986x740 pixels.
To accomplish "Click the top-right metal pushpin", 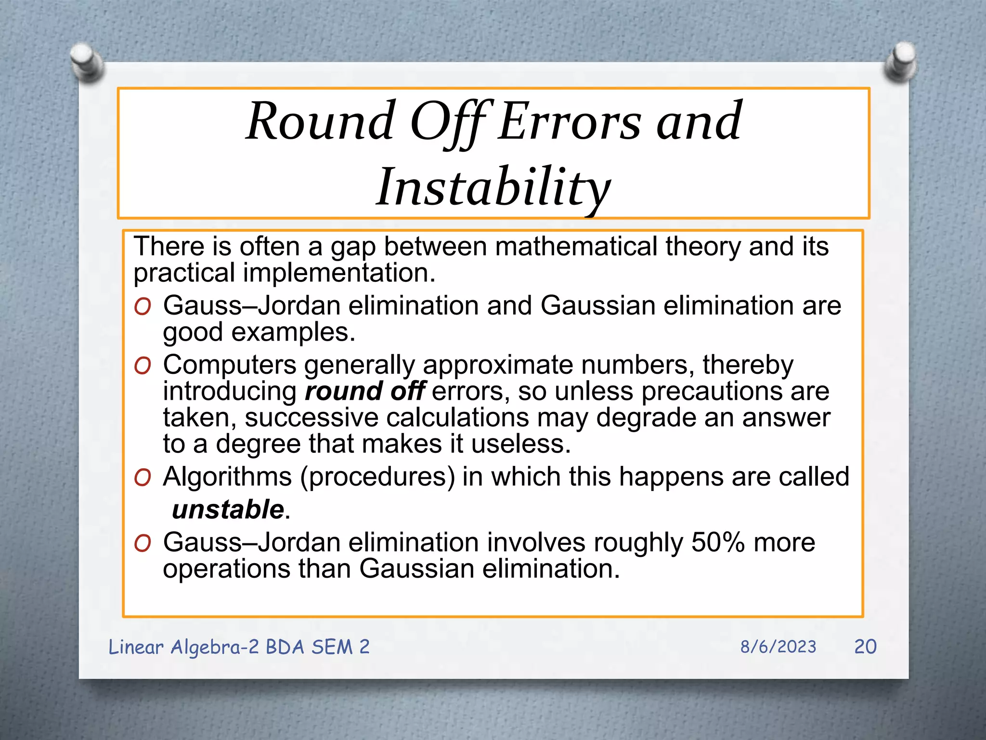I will [900, 62].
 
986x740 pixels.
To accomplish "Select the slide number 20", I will [865, 647].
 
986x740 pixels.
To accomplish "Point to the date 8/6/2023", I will [778, 647].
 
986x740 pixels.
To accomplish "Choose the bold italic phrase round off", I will [365, 391].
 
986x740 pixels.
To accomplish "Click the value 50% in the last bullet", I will [718, 542].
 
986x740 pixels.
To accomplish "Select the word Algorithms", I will [227, 477].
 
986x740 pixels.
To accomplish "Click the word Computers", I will [230, 365].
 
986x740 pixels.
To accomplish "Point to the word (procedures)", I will [377, 477].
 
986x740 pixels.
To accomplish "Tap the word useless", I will [520, 444].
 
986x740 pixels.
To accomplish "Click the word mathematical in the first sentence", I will [576, 247].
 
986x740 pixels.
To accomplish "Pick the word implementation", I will [339, 273].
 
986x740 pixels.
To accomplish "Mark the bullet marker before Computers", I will [143, 366].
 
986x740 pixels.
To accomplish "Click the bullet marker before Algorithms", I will [143, 478].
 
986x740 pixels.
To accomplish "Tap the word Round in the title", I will [320, 121].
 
